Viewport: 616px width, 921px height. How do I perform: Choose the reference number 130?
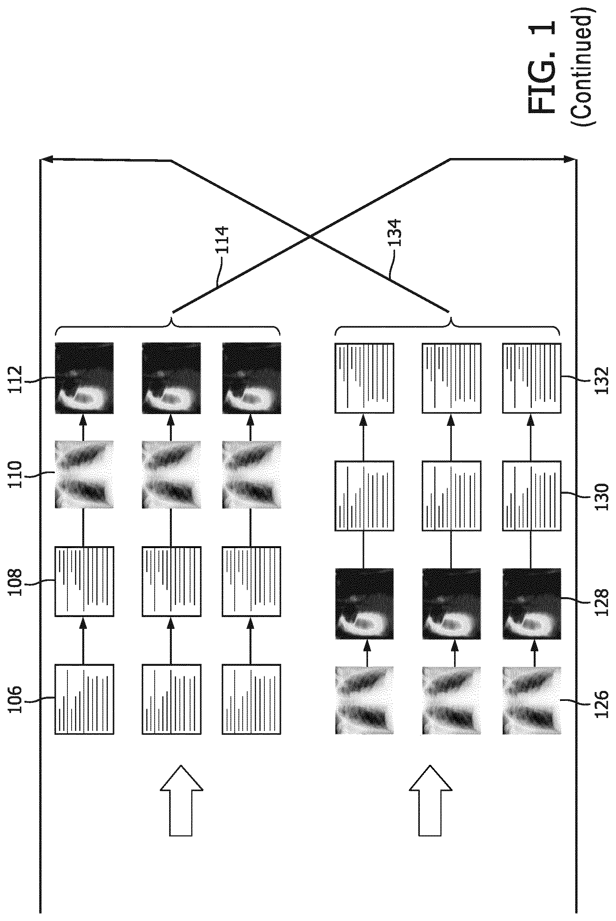point(602,496)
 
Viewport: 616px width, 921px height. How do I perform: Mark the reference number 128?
point(602,602)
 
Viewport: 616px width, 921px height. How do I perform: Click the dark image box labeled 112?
point(84,378)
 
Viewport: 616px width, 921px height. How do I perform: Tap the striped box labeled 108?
point(84,581)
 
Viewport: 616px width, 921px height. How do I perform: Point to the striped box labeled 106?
point(84,699)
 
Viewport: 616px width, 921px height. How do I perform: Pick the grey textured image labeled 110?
point(84,475)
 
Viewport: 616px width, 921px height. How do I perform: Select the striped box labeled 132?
point(531,378)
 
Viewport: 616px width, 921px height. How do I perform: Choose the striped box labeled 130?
point(531,496)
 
